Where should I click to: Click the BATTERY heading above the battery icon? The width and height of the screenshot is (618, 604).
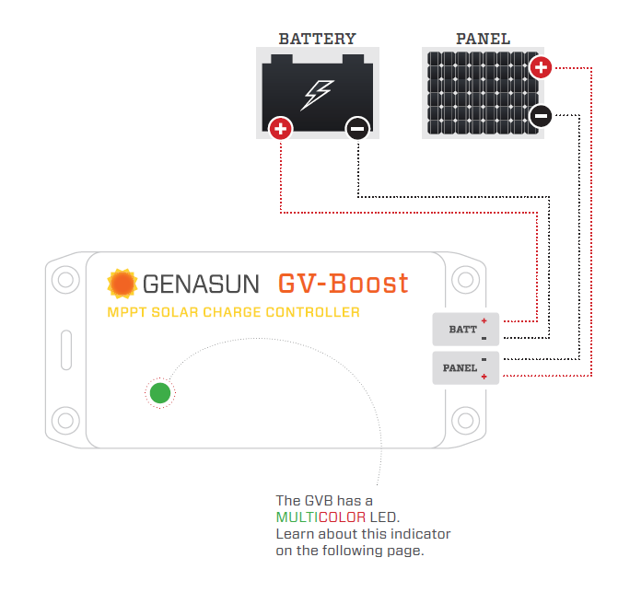(x=317, y=39)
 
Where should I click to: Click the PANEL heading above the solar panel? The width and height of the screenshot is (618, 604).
(x=484, y=39)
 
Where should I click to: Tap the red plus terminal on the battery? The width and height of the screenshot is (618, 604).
(x=280, y=129)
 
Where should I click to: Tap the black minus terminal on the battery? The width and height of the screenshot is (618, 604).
(x=357, y=129)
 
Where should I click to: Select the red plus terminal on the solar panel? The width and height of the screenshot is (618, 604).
(x=541, y=67)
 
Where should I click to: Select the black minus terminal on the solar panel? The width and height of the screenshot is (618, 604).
(x=541, y=116)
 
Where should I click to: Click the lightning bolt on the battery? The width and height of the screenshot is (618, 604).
(x=317, y=95)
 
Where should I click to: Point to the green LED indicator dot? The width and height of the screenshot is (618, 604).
(x=160, y=393)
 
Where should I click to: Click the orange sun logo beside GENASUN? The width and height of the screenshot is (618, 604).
(x=122, y=284)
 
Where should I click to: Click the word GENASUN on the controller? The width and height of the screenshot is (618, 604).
(x=201, y=285)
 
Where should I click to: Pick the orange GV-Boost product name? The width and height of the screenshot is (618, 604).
(x=343, y=284)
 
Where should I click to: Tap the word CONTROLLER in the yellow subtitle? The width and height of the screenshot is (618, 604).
(x=312, y=312)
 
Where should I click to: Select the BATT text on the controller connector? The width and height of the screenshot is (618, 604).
(x=462, y=330)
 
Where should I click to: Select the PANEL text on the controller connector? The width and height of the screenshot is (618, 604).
(x=460, y=368)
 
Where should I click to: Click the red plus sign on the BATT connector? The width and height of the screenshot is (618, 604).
(x=484, y=320)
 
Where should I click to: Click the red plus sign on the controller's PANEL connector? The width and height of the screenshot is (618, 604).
(x=484, y=377)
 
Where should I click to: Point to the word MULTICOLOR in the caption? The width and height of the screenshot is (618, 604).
(x=321, y=517)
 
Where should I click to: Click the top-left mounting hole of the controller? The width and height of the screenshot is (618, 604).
(x=65, y=280)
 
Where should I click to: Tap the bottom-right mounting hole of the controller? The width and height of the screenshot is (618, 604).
(x=465, y=421)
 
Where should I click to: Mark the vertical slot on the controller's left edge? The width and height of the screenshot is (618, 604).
(x=66, y=350)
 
